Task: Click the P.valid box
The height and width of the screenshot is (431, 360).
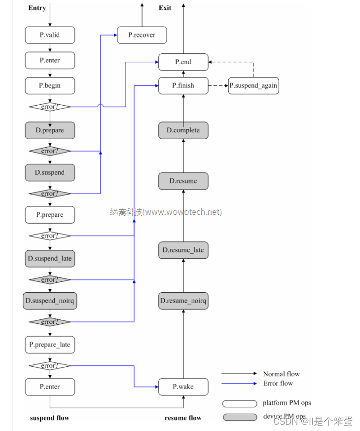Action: point(50,35)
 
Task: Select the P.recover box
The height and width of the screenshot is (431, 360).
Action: point(142,35)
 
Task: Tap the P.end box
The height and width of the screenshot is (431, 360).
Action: point(183,62)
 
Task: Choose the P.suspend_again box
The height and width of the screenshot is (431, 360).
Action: point(253,85)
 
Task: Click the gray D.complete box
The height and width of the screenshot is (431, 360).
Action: point(183,130)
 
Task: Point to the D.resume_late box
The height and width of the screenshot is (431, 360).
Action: point(183,250)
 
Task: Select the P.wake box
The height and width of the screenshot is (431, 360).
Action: point(183,387)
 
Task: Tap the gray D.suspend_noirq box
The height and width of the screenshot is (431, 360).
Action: point(50,301)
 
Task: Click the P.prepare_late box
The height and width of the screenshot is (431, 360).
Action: point(50,345)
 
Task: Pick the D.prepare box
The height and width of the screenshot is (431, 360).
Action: point(50,130)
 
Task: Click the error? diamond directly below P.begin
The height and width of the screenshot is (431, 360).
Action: point(50,107)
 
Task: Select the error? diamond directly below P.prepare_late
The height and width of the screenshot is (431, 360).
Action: point(50,366)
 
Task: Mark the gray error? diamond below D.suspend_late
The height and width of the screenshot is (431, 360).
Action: point(50,280)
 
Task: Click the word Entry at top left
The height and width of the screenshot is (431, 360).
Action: point(37,8)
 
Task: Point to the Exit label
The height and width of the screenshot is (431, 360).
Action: point(165,8)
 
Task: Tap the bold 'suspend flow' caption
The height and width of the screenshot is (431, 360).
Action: point(49,418)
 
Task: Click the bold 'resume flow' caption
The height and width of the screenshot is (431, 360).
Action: point(183,418)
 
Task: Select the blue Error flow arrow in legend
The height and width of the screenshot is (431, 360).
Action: point(239,383)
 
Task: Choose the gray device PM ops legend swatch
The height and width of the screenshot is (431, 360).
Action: point(240,417)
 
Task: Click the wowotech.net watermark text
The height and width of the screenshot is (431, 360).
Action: point(166,212)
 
